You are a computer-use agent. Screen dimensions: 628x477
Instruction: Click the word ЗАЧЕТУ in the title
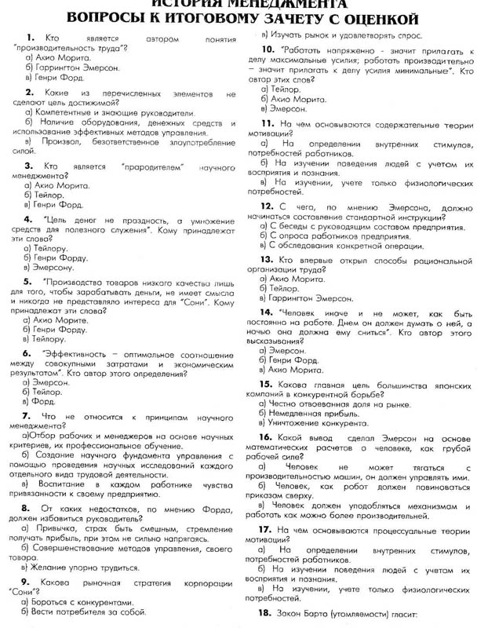pos(313,19)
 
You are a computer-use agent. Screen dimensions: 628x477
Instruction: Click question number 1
pos(30,37)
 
